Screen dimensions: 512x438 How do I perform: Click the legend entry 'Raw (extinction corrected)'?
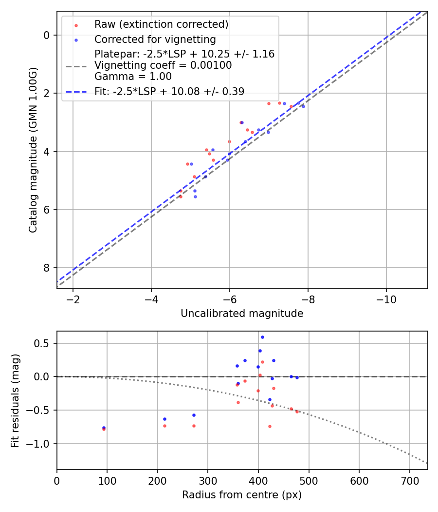point(161,24)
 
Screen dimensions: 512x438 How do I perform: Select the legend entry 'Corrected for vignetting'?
point(155,39)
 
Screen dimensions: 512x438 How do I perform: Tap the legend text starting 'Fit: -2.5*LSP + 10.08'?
point(169,91)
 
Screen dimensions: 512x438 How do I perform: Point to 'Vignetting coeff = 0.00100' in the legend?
point(163,65)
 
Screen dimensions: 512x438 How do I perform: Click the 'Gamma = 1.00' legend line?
point(133,77)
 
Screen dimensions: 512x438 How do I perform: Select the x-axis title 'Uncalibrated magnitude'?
point(242,314)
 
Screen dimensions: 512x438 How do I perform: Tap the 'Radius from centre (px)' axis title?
point(242,495)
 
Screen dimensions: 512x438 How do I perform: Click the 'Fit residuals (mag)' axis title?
point(15,400)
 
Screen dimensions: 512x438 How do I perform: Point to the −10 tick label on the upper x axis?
point(386,298)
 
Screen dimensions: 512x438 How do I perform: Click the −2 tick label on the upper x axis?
point(73,298)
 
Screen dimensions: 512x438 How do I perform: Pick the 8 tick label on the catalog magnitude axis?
point(47,268)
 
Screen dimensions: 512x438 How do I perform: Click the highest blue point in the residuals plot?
point(262,337)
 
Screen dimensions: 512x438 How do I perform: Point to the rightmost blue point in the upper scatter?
point(303,106)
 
